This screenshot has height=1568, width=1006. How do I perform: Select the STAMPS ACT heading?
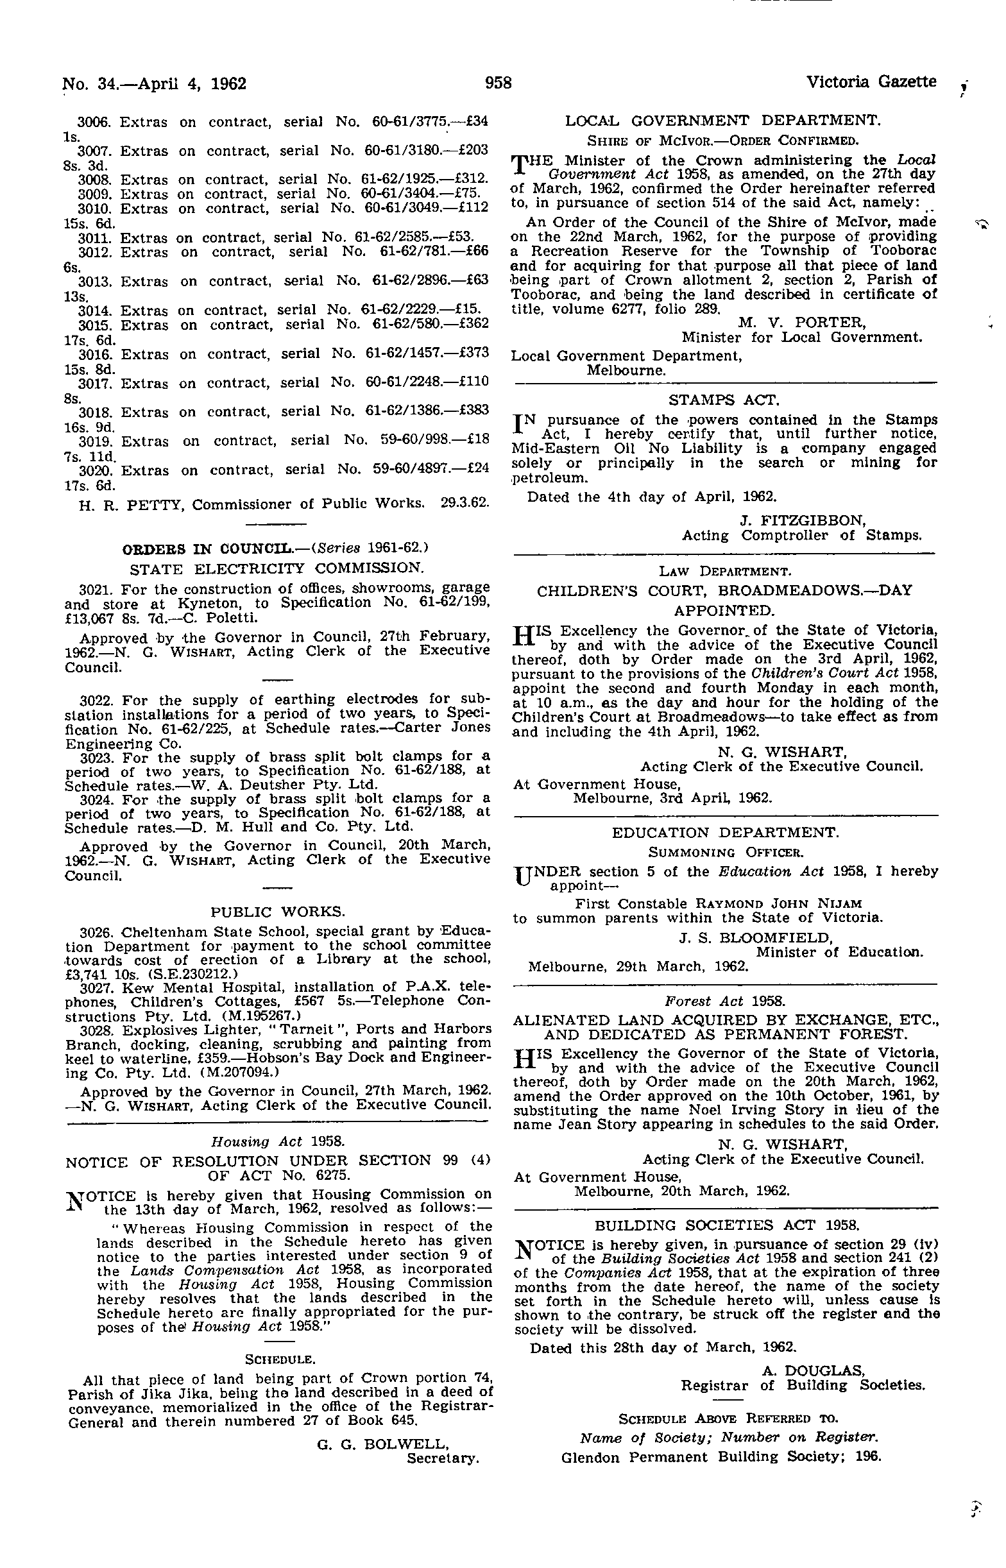pos(724,400)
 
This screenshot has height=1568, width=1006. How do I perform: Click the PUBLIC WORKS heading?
pos(278,912)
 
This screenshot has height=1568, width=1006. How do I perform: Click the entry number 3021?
pos(96,589)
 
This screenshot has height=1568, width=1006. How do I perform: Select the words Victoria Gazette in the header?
pos(871,82)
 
